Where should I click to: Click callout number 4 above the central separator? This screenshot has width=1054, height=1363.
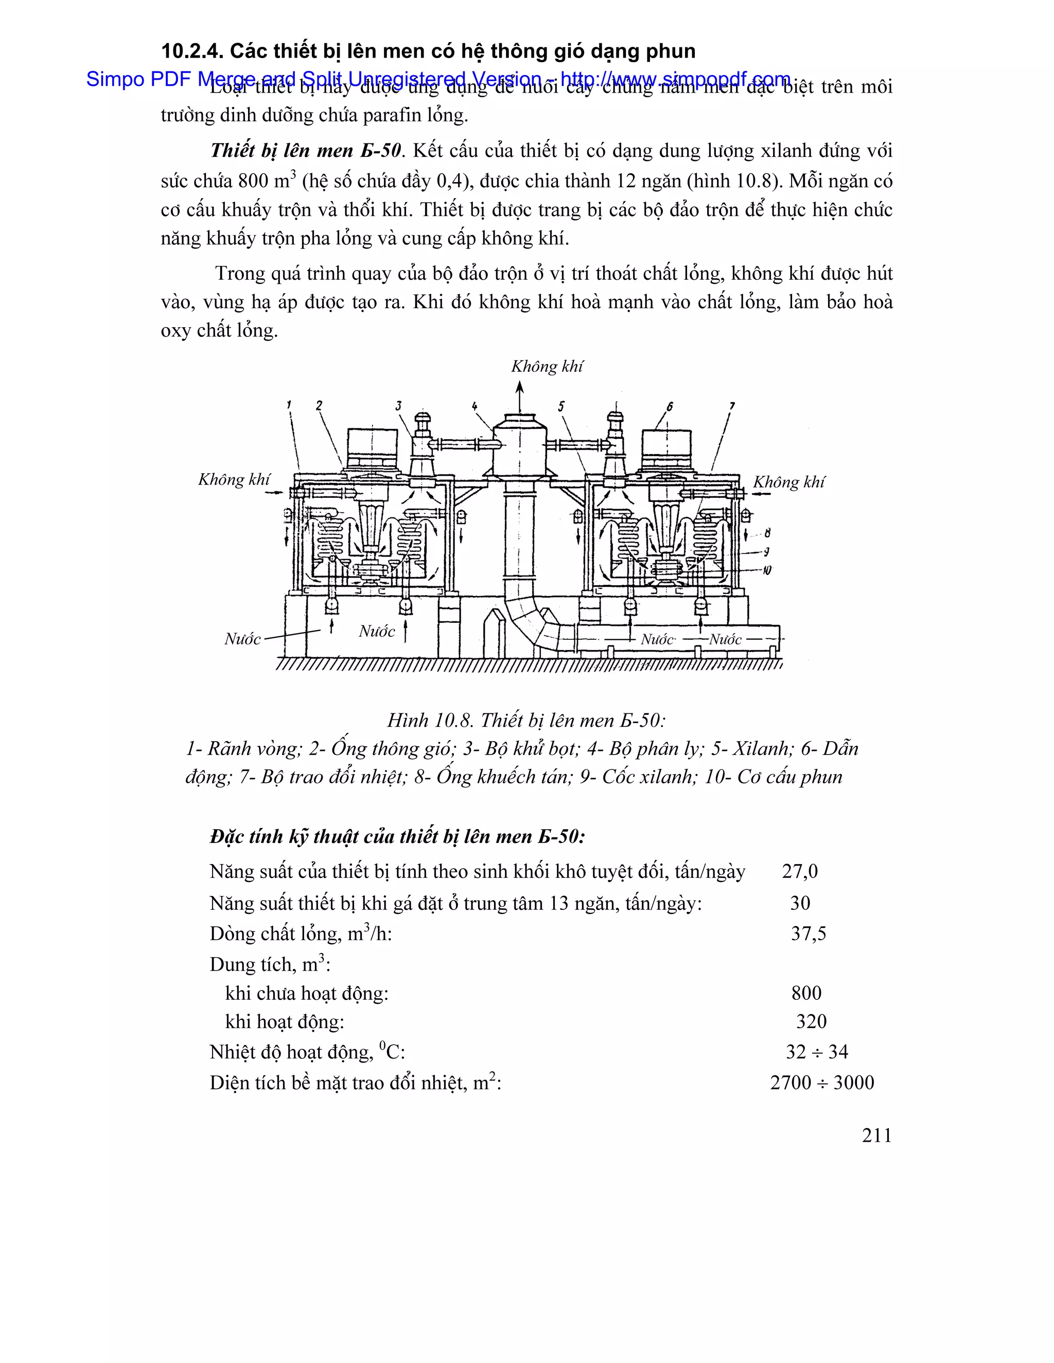click(475, 406)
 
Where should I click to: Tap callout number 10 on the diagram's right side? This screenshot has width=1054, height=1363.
click(767, 570)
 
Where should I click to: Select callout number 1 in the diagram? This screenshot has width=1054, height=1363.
click(289, 405)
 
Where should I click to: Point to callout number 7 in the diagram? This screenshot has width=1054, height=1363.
click(732, 406)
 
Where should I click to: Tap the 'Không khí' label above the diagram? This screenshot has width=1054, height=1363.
click(547, 366)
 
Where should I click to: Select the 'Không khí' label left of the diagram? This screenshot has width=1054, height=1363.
click(234, 479)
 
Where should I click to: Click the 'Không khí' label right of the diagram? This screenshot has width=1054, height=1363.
click(788, 482)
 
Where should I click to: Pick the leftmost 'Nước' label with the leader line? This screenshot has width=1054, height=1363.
click(242, 639)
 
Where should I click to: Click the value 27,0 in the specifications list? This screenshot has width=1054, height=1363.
click(799, 871)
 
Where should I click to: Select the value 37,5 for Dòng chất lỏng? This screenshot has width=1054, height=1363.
click(808, 934)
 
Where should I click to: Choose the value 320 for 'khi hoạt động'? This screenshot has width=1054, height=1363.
click(811, 1021)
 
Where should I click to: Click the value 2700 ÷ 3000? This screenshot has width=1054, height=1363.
click(822, 1082)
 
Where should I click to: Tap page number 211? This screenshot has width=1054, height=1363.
click(876, 1135)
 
